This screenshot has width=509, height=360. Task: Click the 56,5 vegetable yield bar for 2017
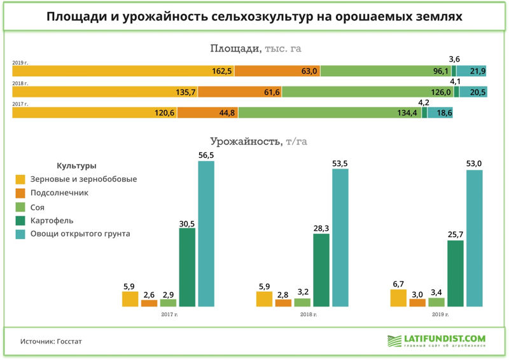coord(206,234)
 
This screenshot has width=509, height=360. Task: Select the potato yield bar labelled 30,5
coord(187,267)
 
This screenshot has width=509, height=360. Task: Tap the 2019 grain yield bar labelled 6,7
coord(398,298)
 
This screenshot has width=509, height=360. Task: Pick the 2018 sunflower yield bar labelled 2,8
coord(283,303)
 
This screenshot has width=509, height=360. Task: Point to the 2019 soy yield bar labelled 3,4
coord(436,303)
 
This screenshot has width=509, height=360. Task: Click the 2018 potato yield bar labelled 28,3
coord(321,270)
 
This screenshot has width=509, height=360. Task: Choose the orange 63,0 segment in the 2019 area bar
coord(277,71)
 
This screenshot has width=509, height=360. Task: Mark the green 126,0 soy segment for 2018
coord(368,92)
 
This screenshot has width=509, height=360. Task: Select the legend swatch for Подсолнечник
coord(20,193)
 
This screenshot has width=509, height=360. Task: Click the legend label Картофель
coord(52,220)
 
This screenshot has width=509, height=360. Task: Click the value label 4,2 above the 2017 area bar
coord(423,102)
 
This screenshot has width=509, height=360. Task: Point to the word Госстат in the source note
coord(69,342)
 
